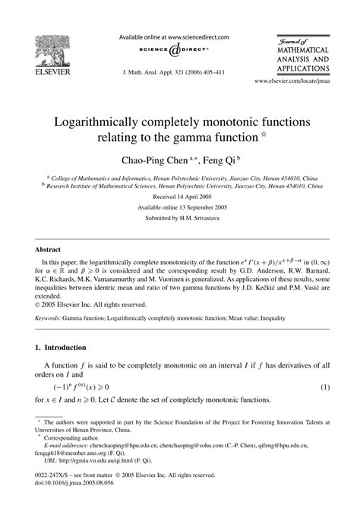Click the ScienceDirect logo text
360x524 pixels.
coord(180,50)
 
